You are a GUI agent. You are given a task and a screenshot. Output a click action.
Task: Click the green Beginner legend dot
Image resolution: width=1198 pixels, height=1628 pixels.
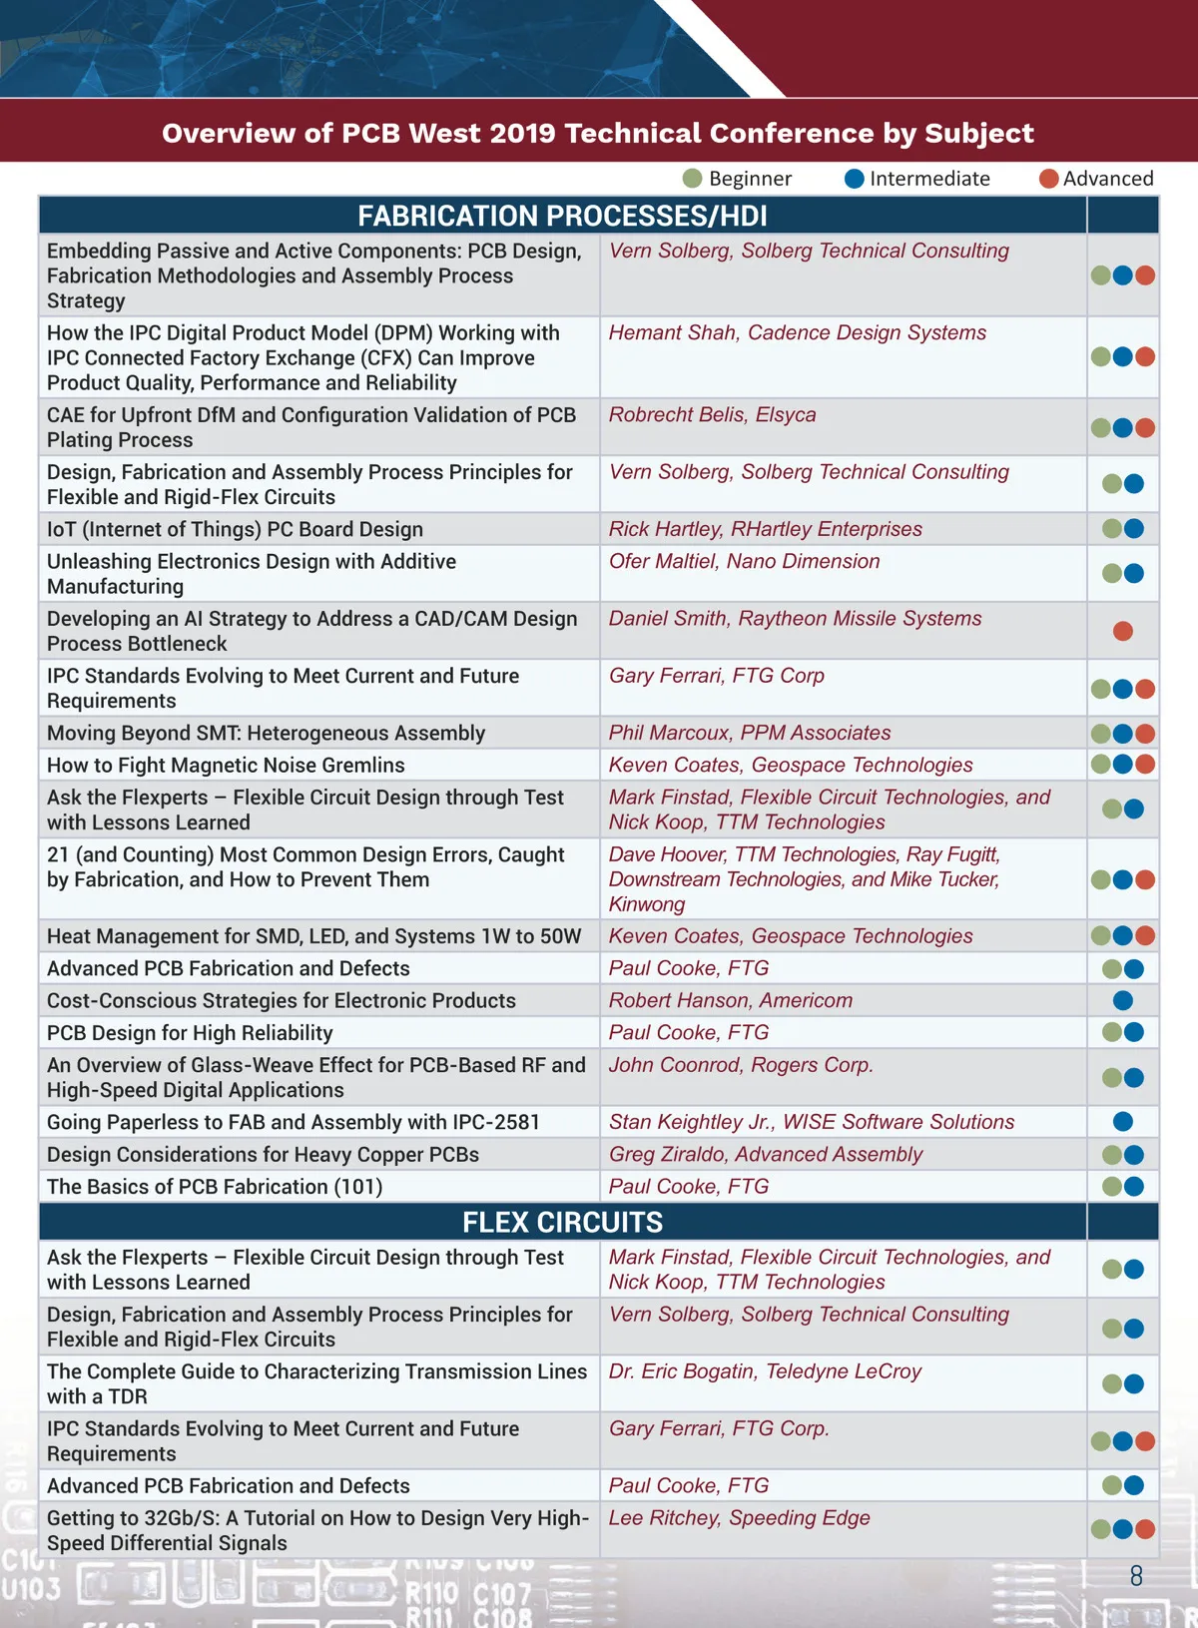(693, 179)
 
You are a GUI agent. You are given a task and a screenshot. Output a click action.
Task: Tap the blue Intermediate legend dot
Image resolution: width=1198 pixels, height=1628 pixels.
(855, 179)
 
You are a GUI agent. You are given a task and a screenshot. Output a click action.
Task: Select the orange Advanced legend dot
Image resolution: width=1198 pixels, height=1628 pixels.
(1048, 179)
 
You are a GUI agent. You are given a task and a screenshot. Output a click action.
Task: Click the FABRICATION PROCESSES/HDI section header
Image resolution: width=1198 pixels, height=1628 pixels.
(562, 216)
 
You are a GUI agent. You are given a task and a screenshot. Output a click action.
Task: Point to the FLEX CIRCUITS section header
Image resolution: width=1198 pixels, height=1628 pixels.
(562, 1222)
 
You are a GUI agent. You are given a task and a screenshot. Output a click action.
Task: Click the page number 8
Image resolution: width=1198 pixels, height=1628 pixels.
(1136, 1576)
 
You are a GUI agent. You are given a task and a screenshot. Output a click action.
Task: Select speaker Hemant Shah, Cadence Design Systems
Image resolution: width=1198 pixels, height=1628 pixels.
(797, 333)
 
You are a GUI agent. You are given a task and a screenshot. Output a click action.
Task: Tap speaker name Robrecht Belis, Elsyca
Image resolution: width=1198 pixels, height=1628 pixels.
(712, 415)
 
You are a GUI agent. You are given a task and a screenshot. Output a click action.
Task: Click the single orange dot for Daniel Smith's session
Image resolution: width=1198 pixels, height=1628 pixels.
(1123, 631)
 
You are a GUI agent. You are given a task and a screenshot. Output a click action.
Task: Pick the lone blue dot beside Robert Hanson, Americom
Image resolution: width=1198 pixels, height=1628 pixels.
(1123, 1000)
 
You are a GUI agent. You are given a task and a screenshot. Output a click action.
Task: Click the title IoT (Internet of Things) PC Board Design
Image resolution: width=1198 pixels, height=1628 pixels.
(235, 530)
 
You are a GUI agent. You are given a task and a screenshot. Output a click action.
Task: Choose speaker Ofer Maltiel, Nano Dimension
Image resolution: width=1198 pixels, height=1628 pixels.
(744, 562)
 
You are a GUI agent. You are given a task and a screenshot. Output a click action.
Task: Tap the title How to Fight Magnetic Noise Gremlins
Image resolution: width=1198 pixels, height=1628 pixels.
(226, 766)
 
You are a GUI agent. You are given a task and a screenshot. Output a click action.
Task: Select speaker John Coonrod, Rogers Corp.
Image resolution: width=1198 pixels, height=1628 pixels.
(741, 1065)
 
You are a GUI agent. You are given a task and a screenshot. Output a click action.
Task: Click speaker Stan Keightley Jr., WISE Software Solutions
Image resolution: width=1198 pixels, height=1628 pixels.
(811, 1122)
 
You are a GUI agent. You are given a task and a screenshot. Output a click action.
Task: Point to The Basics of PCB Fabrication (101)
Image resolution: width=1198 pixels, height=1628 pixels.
(215, 1187)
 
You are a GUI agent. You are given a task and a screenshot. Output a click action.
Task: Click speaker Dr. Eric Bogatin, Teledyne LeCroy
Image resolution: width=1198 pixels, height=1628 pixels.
(765, 1371)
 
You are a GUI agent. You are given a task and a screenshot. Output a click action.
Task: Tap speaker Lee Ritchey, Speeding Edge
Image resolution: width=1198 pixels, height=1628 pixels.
(739, 1518)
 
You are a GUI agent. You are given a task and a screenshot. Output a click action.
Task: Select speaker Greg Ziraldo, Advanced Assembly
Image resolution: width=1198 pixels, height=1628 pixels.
(765, 1155)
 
